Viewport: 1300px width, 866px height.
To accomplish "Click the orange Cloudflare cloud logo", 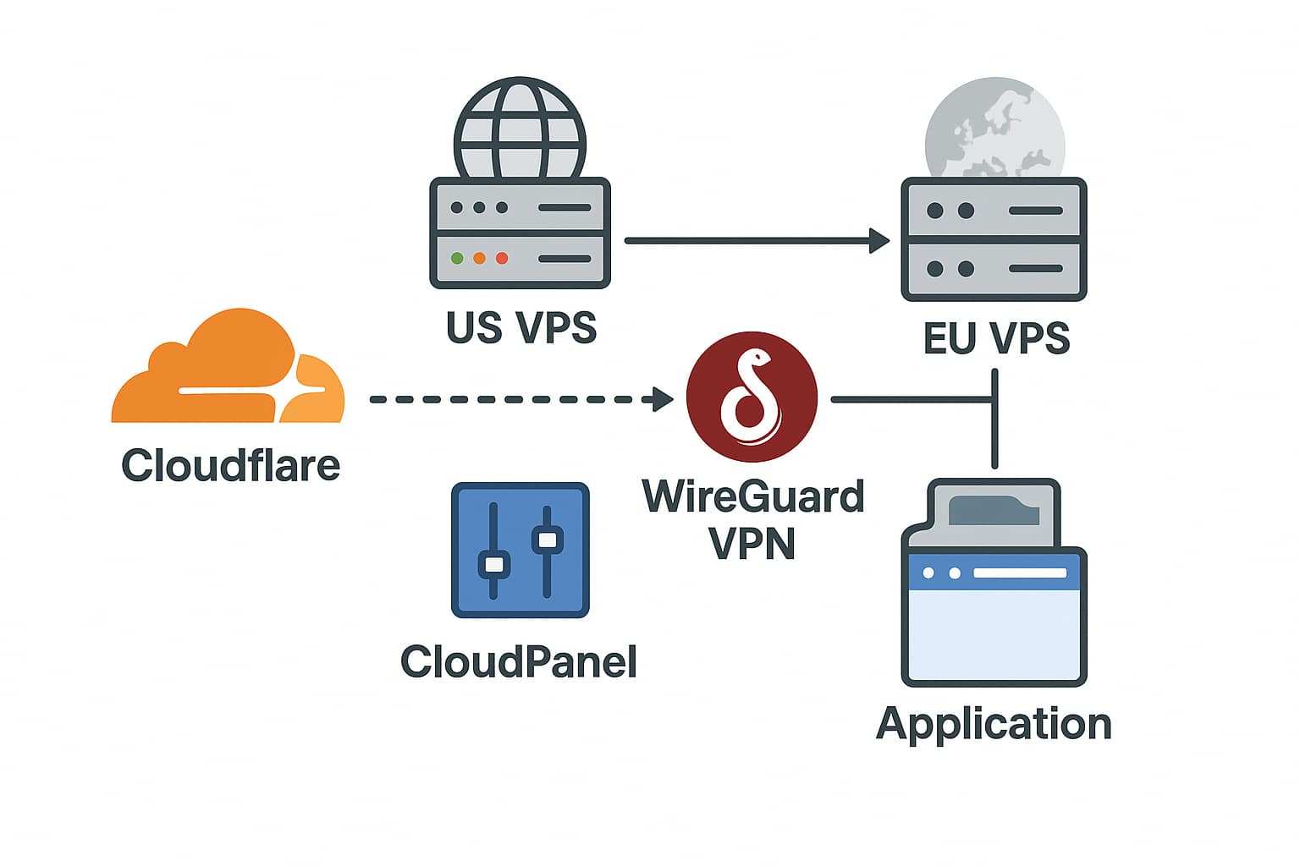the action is (228, 371).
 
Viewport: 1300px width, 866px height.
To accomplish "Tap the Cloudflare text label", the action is (230, 465).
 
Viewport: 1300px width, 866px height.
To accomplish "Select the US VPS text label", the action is (521, 328).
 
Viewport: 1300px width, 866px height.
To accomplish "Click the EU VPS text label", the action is (996, 338).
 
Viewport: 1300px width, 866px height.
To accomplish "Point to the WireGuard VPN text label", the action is (752, 520).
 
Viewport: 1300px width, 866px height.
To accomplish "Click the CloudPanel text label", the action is (518, 662).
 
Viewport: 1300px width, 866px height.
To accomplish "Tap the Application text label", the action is (994, 725).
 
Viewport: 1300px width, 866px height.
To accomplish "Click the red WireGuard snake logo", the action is (752, 397).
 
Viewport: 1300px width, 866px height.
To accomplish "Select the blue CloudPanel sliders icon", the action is (520, 550).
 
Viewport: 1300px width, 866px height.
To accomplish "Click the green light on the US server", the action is (457, 258).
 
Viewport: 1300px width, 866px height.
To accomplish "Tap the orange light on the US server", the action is (479, 258).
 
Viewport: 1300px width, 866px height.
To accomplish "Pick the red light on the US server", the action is (502, 258).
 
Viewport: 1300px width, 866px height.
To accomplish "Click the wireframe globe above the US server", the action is (520, 129).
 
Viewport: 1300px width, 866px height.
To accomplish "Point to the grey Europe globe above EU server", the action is (994, 129).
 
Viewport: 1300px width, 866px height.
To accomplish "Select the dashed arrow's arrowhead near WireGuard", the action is (663, 400).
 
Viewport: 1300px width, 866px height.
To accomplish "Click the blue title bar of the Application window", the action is (994, 573).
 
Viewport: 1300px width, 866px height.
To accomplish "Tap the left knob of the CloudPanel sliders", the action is (494, 564).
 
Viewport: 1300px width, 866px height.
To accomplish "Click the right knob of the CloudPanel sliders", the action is (548, 540).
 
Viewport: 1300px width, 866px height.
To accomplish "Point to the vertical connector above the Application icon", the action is (994, 419).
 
